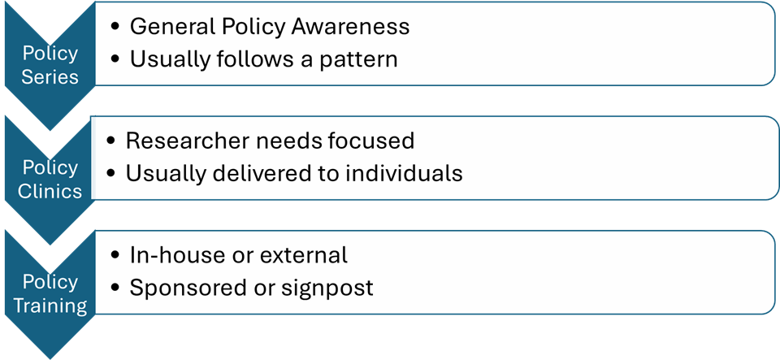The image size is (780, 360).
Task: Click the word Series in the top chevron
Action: pyautogui.click(x=50, y=77)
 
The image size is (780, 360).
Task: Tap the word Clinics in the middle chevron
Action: pyautogui.click(x=50, y=192)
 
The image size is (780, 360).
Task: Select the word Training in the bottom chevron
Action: pyautogui.click(x=50, y=306)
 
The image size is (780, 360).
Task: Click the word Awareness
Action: pyautogui.click(x=350, y=27)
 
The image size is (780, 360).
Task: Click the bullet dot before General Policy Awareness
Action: pyautogui.click(x=115, y=28)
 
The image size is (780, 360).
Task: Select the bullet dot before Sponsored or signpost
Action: pyautogui.click(x=115, y=289)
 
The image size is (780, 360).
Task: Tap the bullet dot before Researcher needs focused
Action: pyautogui.click(x=111, y=141)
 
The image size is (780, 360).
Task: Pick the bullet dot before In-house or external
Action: pyautogui.click(x=115, y=256)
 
